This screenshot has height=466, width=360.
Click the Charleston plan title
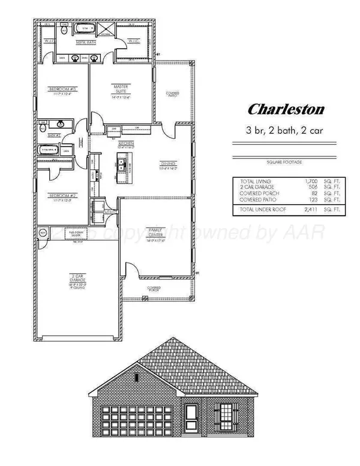[287, 109]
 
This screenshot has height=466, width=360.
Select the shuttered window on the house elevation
[227, 413]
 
